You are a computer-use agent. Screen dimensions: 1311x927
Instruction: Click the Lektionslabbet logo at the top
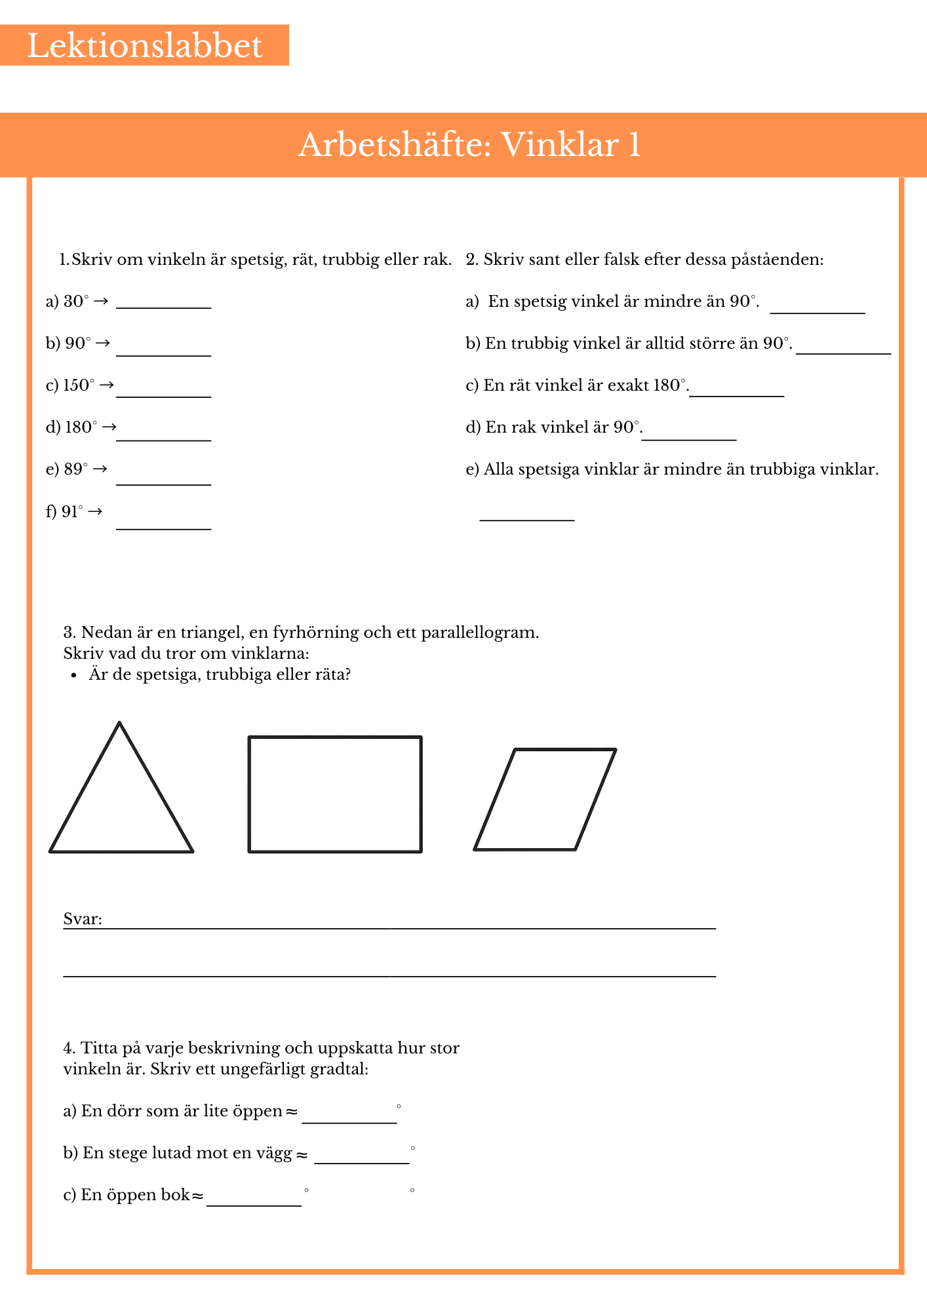point(144,46)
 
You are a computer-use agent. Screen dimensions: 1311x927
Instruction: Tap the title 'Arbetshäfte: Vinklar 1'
point(469,145)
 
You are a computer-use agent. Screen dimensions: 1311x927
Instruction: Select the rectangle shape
point(335,794)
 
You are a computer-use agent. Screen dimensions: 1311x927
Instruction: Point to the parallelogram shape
point(545,799)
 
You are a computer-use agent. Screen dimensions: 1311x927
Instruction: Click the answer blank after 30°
point(163,303)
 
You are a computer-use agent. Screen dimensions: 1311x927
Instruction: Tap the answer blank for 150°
point(163,392)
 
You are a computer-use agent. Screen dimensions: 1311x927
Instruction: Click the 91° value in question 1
point(72,511)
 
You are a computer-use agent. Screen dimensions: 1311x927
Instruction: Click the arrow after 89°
point(100,469)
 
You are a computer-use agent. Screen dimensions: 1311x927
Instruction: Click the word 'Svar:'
point(83,919)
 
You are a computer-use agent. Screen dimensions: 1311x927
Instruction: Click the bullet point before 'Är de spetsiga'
point(74,675)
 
